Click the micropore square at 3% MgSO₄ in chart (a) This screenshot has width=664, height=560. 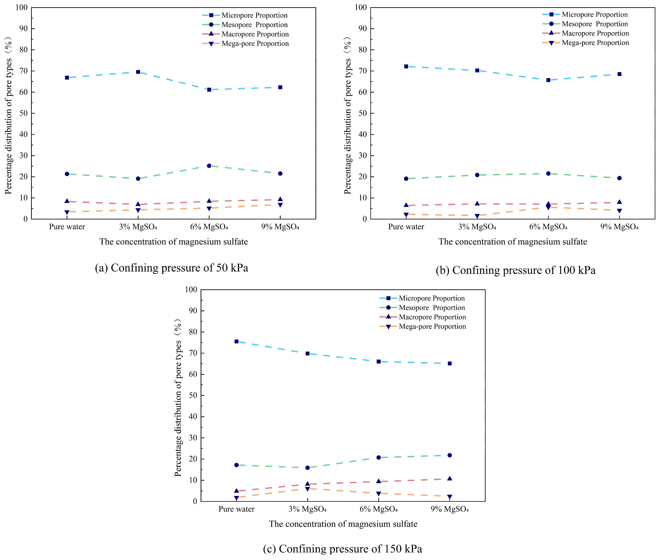[138, 72]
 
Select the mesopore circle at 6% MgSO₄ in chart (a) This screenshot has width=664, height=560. [209, 166]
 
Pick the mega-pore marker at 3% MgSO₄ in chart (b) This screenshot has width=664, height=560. [477, 216]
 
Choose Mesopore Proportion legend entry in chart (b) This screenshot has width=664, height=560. [595, 24]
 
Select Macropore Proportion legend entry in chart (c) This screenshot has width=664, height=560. [432, 317]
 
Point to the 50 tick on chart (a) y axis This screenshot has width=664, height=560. [23, 113]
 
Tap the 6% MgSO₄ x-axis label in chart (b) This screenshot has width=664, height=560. [548, 227]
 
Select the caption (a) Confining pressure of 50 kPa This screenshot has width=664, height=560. [172, 268]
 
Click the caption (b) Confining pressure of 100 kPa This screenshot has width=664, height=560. [516, 270]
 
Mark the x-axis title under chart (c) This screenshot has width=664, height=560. [343, 524]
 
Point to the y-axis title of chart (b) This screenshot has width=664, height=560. [348, 116]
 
